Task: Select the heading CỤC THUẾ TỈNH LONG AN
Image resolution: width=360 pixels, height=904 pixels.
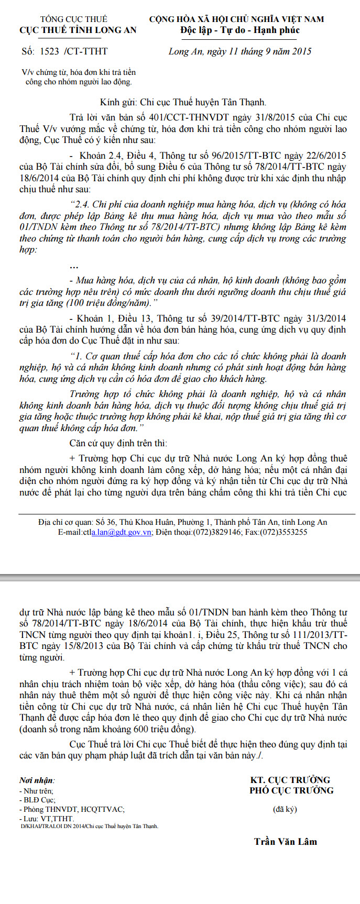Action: coord(78,30)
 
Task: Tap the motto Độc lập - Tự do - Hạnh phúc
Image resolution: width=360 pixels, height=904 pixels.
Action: coord(239,30)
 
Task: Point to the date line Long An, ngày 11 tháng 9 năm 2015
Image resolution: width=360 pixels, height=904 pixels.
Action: coord(240,51)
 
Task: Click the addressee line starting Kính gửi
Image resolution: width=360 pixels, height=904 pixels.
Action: coord(183,103)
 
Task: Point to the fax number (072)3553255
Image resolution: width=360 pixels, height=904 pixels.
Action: coord(287,532)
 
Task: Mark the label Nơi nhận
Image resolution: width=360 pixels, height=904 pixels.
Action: coord(37,780)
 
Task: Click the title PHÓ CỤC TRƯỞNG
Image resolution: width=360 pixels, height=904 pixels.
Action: coord(291,790)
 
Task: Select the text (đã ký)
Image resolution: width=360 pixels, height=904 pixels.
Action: coord(285,809)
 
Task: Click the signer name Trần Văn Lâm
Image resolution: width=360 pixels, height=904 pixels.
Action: coord(286,842)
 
